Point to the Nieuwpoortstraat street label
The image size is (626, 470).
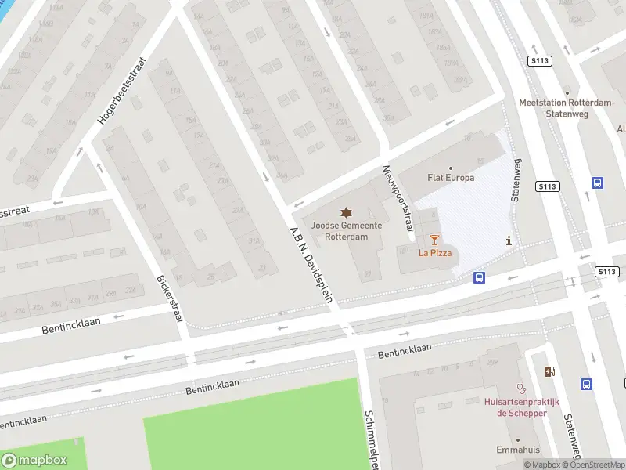click(397, 198)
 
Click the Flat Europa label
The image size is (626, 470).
click(451, 178)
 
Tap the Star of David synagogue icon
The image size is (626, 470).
click(346, 212)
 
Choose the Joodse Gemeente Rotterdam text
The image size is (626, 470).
click(346, 230)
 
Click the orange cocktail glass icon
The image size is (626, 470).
click(434, 239)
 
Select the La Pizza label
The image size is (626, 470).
click(434, 252)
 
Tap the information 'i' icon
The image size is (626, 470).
click(509, 241)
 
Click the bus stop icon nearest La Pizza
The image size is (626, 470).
click(479, 277)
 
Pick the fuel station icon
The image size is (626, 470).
click(549, 372)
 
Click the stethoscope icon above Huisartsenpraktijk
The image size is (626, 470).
click(521, 388)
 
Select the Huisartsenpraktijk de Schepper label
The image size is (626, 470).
click(515, 407)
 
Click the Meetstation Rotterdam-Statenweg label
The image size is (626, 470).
click(556, 107)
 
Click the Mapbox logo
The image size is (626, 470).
click(34, 461)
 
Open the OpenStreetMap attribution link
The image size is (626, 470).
click(596, 465)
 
